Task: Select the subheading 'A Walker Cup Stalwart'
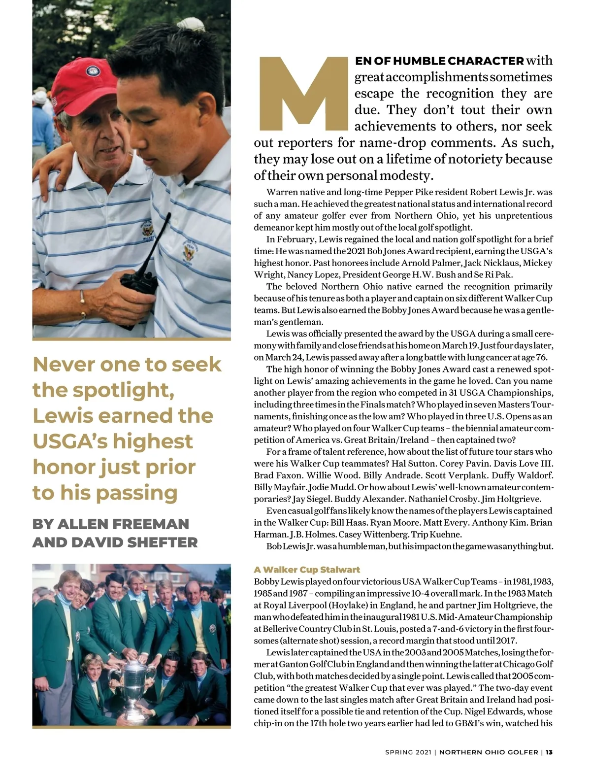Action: point(307,570)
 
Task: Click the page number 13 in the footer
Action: point(549,752)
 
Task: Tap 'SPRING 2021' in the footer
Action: point(408,752)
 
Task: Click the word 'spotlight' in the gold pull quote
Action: point(123,390)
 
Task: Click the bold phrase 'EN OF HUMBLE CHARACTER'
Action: point(439,61)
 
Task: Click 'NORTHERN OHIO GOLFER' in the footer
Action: point(489,752)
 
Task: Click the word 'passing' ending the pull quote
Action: point(142,493)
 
